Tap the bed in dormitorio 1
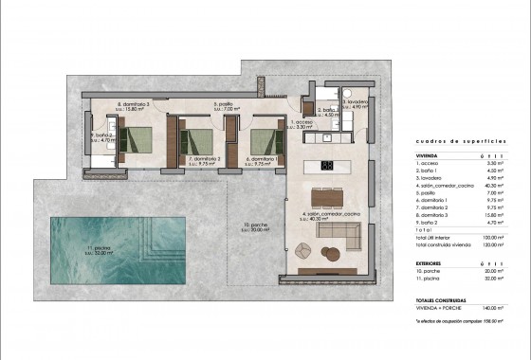263,139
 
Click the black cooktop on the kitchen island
324,167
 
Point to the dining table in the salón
328,198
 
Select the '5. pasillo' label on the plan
225,106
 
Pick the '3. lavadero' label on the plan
356,103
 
